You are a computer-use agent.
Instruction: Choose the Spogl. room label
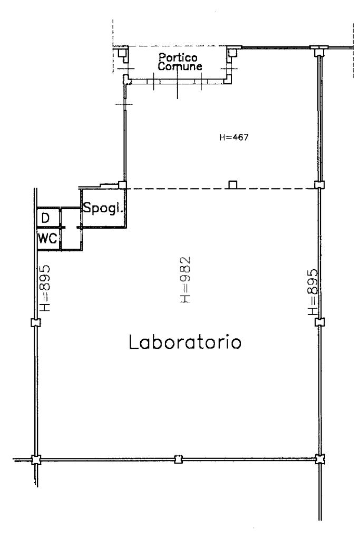click(x=103, y=208)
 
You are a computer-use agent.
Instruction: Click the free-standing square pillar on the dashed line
click(x=232, y=184)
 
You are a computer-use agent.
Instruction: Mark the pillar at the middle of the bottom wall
click(x=179, y=459)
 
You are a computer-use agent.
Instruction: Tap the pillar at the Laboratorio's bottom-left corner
click(x=35, y=459)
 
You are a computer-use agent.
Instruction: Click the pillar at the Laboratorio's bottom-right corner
click(x=319, y=459)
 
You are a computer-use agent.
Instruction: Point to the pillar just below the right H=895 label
click(x=318, y=321)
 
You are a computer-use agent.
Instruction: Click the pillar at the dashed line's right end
click(x=318, y=185)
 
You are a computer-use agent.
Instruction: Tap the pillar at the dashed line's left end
click(x=122, y=185)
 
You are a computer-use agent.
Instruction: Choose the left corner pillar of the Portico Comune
click(x=122, y=53)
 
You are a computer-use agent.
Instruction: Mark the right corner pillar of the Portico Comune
click(x=231, y=52)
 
